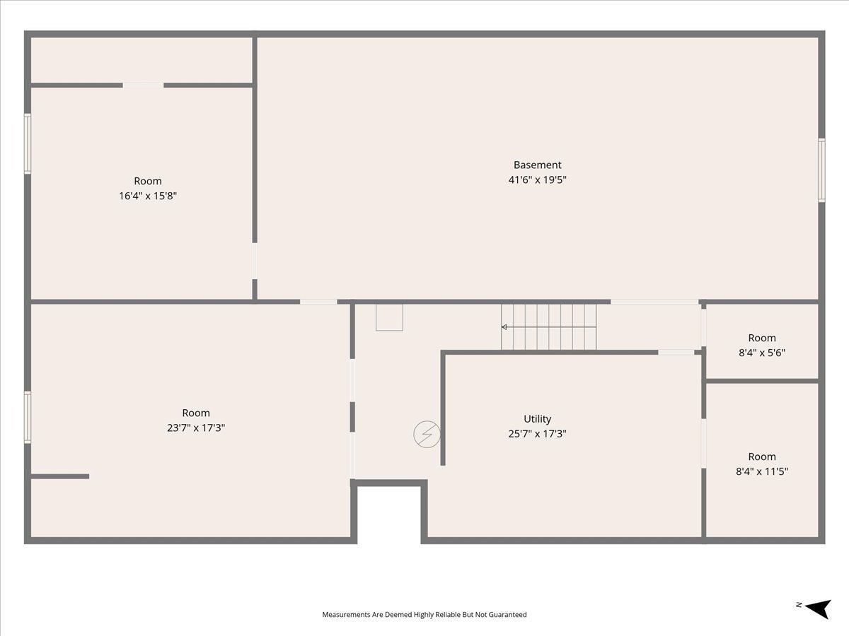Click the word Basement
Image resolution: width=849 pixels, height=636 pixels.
click(x=537, y=165)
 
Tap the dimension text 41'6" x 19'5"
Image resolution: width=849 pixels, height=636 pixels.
click(x=537, y=179)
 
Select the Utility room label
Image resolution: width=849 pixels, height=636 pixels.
click(x=537, y=419)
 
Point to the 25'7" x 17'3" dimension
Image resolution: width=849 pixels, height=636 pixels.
click(x=537, y=434)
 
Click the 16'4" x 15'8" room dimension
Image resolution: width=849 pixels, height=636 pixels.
click(x=148, y=196)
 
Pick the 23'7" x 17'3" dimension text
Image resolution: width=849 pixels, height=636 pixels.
click(x=196, y=428)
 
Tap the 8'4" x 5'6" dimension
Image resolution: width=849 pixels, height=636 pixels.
click(x=762, y=353)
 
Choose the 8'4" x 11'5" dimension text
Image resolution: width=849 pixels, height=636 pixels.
click(x=762, y=471)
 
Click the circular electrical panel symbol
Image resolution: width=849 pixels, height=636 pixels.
click(x=427, y=434)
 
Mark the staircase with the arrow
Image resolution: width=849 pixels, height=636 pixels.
click(x=549, y=327)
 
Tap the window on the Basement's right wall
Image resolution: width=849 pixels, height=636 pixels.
click(x=821, y=170)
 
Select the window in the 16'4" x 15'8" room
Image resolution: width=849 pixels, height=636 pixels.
click(x=28, y=143)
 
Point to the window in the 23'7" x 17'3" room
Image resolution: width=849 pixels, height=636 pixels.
click(x=28, y=418)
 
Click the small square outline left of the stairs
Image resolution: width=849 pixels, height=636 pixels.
click(x=390, y=317)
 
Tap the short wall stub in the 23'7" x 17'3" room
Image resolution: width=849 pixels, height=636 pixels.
click(x=60, y=476)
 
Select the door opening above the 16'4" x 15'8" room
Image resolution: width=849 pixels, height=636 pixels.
click(x=143, y=86)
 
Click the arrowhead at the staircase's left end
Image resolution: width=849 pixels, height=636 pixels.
click(x=504, y=327)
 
